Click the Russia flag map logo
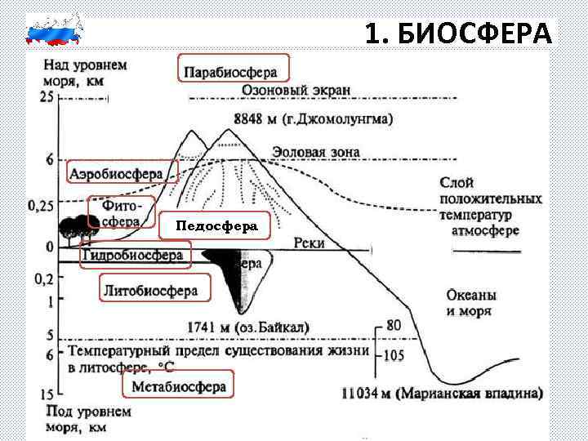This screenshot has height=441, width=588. [x=55, y=29]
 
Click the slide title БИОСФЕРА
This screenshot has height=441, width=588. [x=459, y=33]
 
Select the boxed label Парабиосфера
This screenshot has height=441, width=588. [x=234, y=69]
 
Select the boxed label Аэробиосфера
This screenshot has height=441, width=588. [x=122, y=173]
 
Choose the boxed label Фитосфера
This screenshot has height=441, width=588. [x=121, y=212]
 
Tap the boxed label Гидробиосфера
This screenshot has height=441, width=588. [x=135, y=257]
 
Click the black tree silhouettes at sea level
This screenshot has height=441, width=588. [x=74, y=227]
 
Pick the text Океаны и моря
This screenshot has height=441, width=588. [x=472, y=303]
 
